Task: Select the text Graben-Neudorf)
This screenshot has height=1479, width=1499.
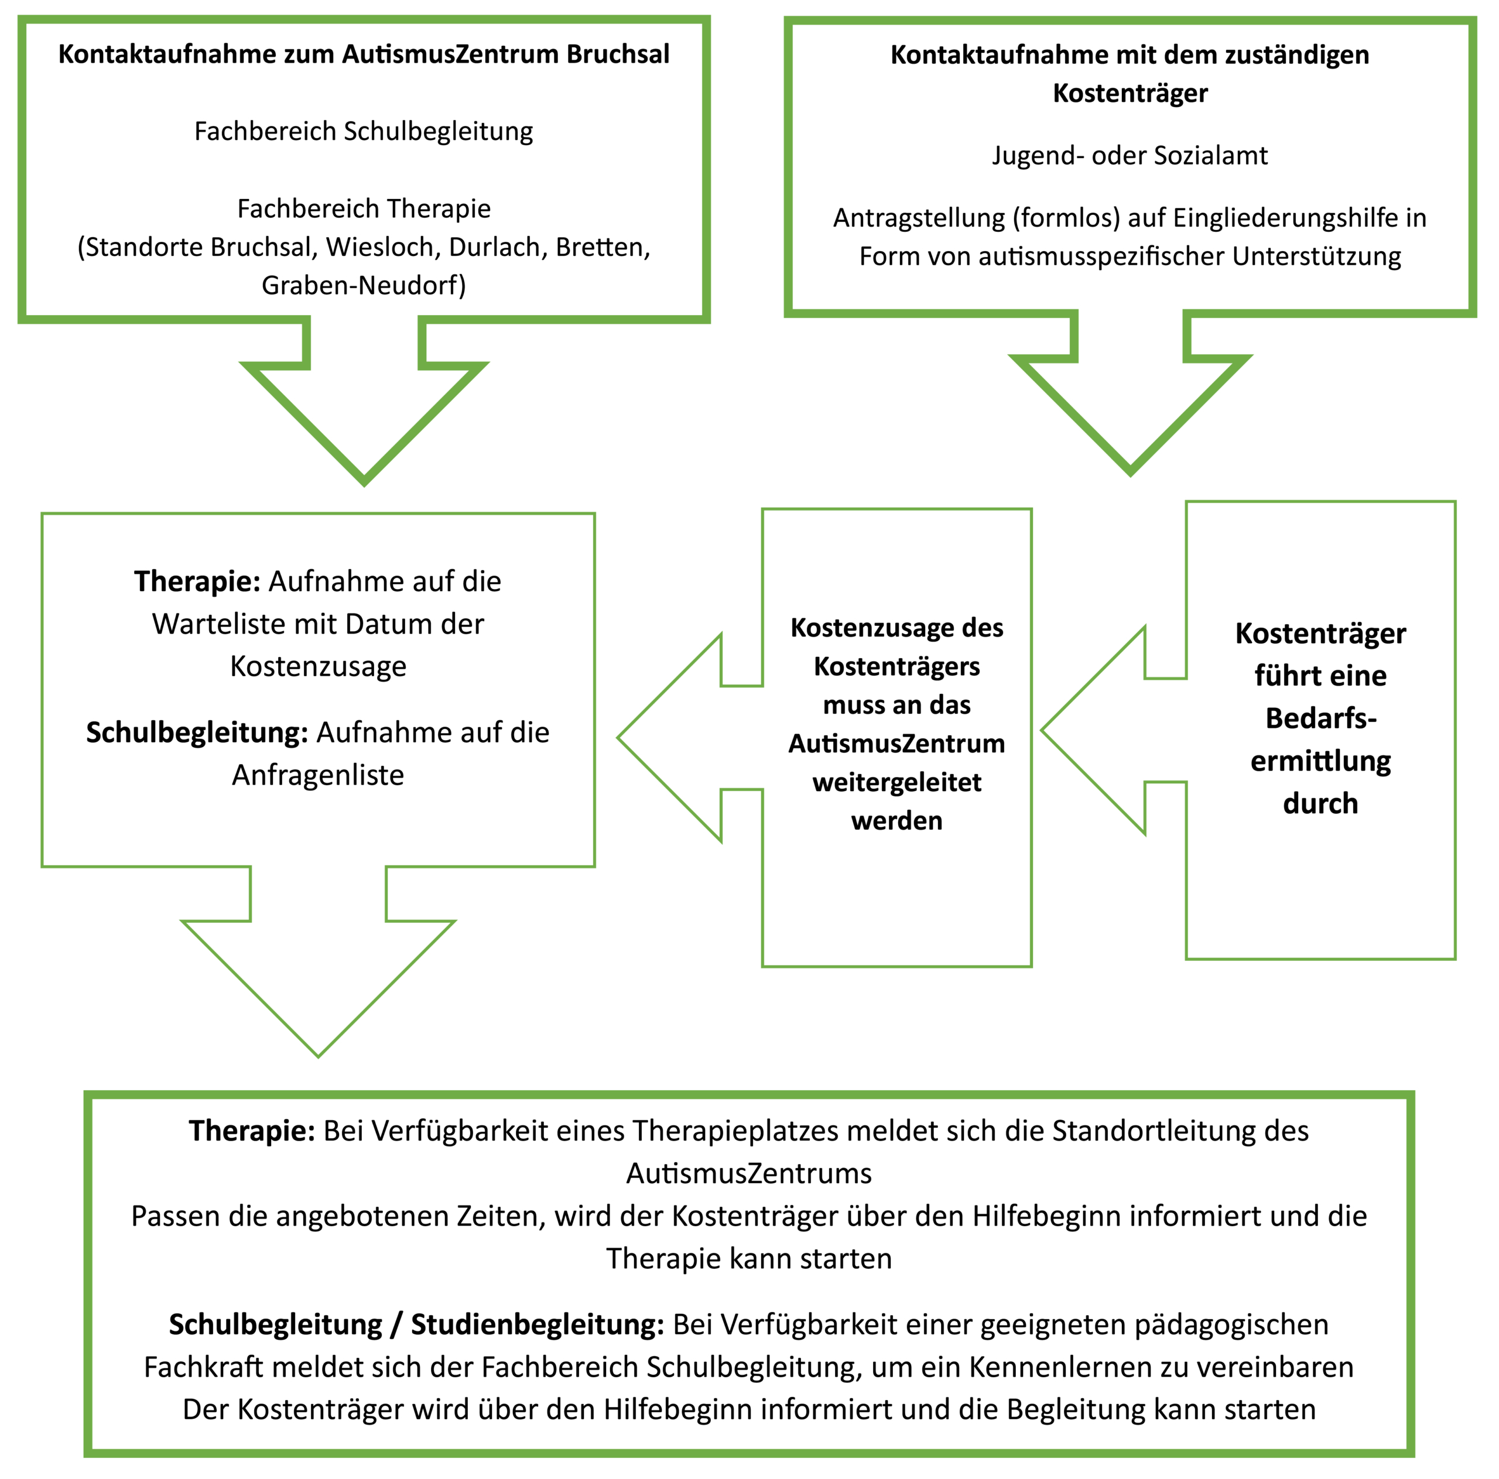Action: point(364,286)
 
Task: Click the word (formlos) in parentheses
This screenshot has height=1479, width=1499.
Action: point(1065,218)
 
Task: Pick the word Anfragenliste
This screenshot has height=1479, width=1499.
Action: point(318,775)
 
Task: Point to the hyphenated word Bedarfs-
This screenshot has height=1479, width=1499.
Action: point(1320,718)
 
